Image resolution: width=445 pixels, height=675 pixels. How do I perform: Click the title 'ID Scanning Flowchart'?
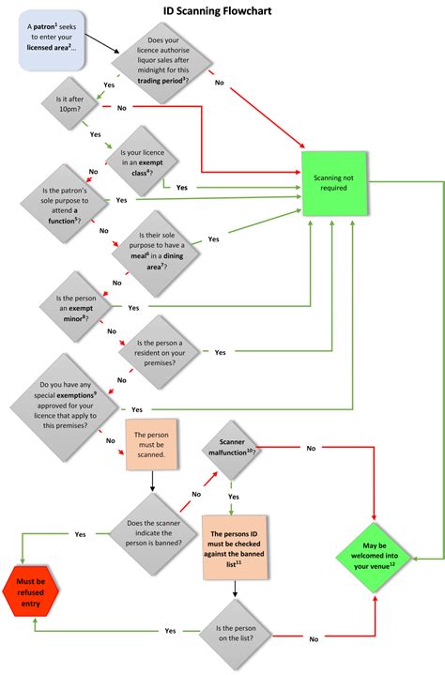223,11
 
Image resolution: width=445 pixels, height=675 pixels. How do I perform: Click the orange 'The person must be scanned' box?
151,445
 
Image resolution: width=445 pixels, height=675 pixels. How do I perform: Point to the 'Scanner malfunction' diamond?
230,446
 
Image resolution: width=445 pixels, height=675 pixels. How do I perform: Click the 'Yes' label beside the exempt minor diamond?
133,308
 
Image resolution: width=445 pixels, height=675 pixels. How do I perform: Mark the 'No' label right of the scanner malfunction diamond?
311,449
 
